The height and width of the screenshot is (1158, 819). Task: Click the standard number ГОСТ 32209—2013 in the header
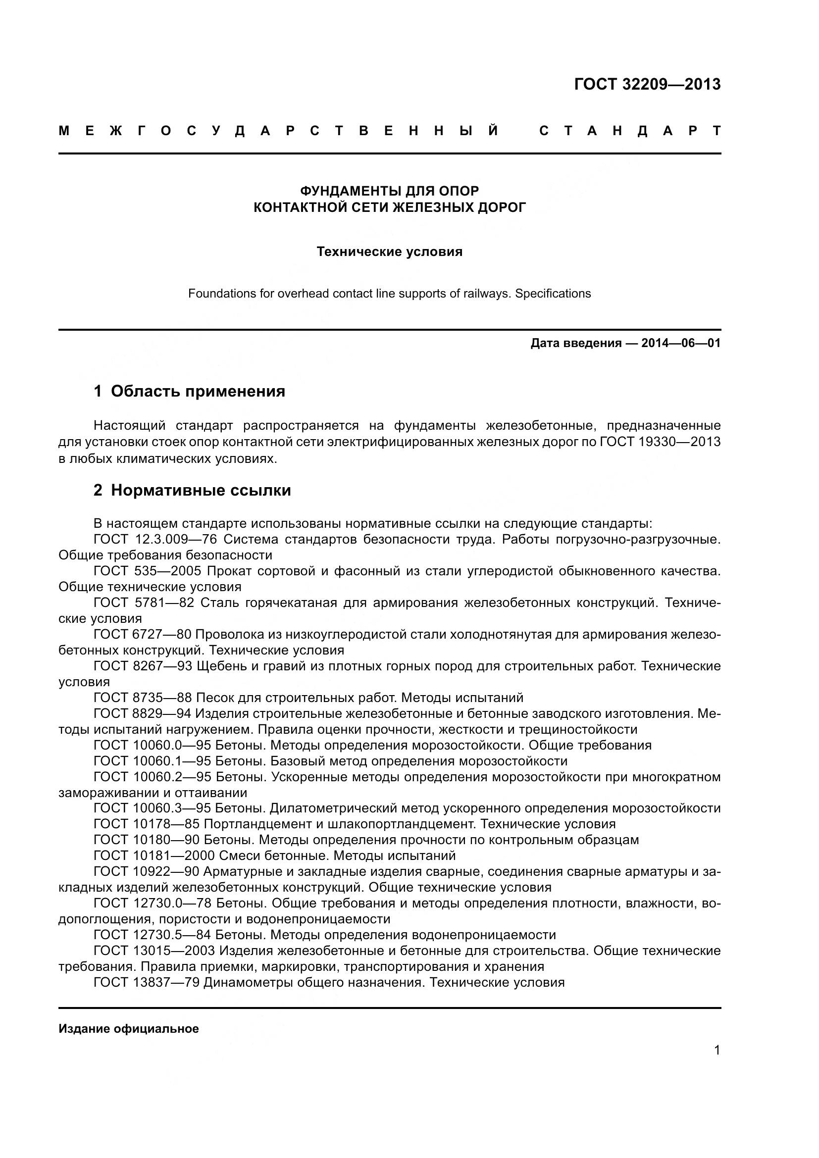(647, 84)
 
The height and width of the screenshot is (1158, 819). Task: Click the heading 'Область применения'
(198, 391)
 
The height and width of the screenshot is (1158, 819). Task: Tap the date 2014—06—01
(681, 344)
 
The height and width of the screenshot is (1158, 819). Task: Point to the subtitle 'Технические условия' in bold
(389, 252)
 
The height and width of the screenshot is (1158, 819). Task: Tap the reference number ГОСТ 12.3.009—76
(155, 539)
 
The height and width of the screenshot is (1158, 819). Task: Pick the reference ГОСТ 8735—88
(143, 698)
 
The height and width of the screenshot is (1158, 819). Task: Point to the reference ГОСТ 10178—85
(147, 824)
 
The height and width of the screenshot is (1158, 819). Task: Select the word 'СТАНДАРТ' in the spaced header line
(630, 131)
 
